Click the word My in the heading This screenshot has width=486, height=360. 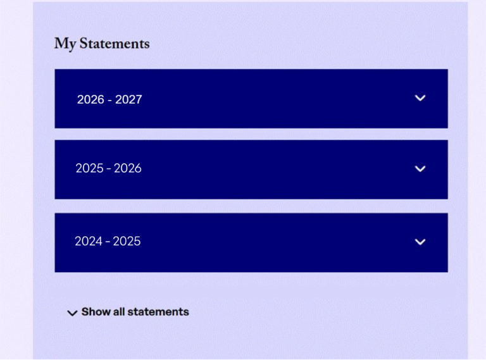[65, 44]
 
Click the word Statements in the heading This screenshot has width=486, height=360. [115, 43]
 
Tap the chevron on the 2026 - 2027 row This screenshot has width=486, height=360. [420, 98]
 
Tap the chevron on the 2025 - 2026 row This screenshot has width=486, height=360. [420, 169]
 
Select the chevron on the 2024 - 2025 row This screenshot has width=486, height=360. [420, 242]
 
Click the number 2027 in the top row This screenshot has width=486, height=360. [128, 99]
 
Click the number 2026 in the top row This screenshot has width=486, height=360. [90, 99]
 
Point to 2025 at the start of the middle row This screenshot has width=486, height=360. [90, 168]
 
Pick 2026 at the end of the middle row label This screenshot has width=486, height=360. [128, 168]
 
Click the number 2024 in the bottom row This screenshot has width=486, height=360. [89, 241]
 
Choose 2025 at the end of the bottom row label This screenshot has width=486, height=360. [127, 241]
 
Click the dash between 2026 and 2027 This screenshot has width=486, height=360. [109, 101]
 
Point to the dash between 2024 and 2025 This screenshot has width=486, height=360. [108, 242]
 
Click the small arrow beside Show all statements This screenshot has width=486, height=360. [72, 313]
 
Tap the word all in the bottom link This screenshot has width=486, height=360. [119, 312]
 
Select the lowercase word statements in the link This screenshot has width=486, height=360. [158, 312]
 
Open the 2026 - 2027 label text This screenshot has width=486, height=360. [109, 99]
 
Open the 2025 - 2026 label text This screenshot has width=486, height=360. [109, 168]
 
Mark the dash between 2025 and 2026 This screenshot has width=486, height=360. [109, 169]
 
